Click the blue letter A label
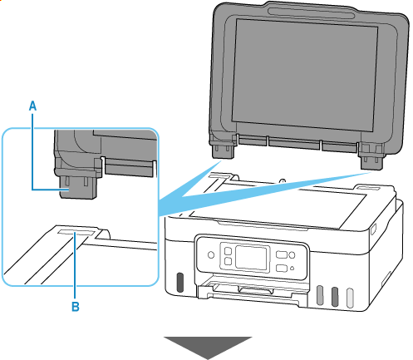tap(32, 106)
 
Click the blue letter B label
tap(76, 307)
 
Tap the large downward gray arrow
tap(208, 348)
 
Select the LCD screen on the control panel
tap(252, 257)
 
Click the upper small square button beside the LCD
tap(228, 251)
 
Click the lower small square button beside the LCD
tap(228, 261)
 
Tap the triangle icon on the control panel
tap(292, 269)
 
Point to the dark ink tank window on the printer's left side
tap(180, 283)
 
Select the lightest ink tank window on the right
tap(350, 298)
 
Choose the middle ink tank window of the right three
tap(335, 297)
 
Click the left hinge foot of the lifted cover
tap(223, 150)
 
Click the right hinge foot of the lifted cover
tap(371, 161)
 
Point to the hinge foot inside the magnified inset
tap(78, 186)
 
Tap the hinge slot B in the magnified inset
tap(75, 232)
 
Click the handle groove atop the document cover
tap(311, 12)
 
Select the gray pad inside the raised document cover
tap(305, 75)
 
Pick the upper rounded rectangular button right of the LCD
tap(281, 254)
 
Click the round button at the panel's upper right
tap(292, 254)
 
